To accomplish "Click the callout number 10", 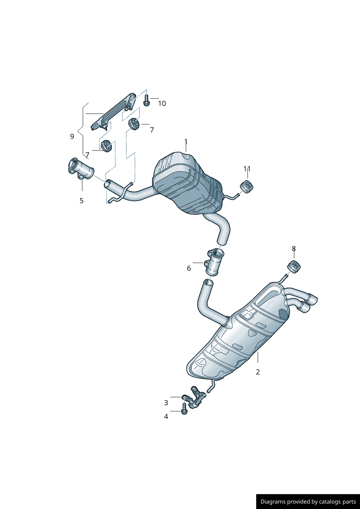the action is point(162,104).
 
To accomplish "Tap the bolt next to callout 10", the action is point(146,100).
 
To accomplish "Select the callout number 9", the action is point(72,136).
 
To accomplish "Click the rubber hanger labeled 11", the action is point(247,186).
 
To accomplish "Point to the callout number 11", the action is point(247,169).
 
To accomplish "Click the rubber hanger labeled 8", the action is point(294,267).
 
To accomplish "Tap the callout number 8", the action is point(294,249).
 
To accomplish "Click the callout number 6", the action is point(189,268).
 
